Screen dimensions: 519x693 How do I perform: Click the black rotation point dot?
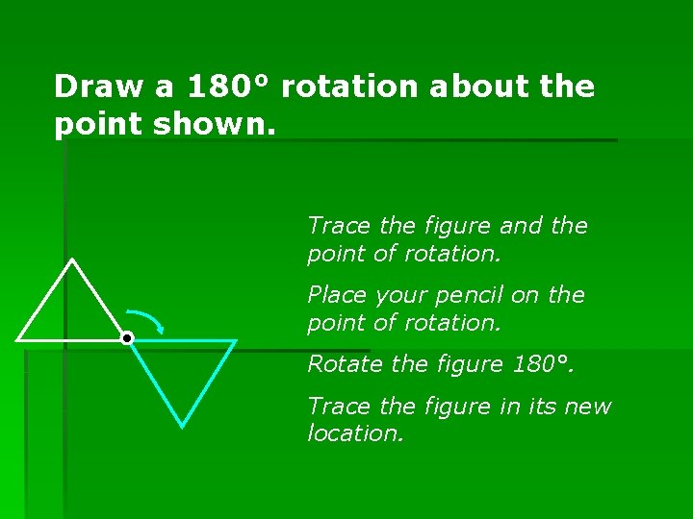tap(126, 338)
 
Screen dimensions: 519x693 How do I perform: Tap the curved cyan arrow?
tap(145, 319)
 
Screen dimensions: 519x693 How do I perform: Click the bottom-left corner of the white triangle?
tap(18, 339)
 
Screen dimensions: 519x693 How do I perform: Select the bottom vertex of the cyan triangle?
tap(182, 424)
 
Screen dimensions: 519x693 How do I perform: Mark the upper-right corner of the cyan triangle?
tap(235, 341)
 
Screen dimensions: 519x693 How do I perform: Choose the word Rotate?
tap(340, 364)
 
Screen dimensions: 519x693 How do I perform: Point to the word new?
tap(589, 407)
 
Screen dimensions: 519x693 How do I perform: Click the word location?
tap(352, 433)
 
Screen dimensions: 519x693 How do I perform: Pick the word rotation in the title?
tap(350, 86)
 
